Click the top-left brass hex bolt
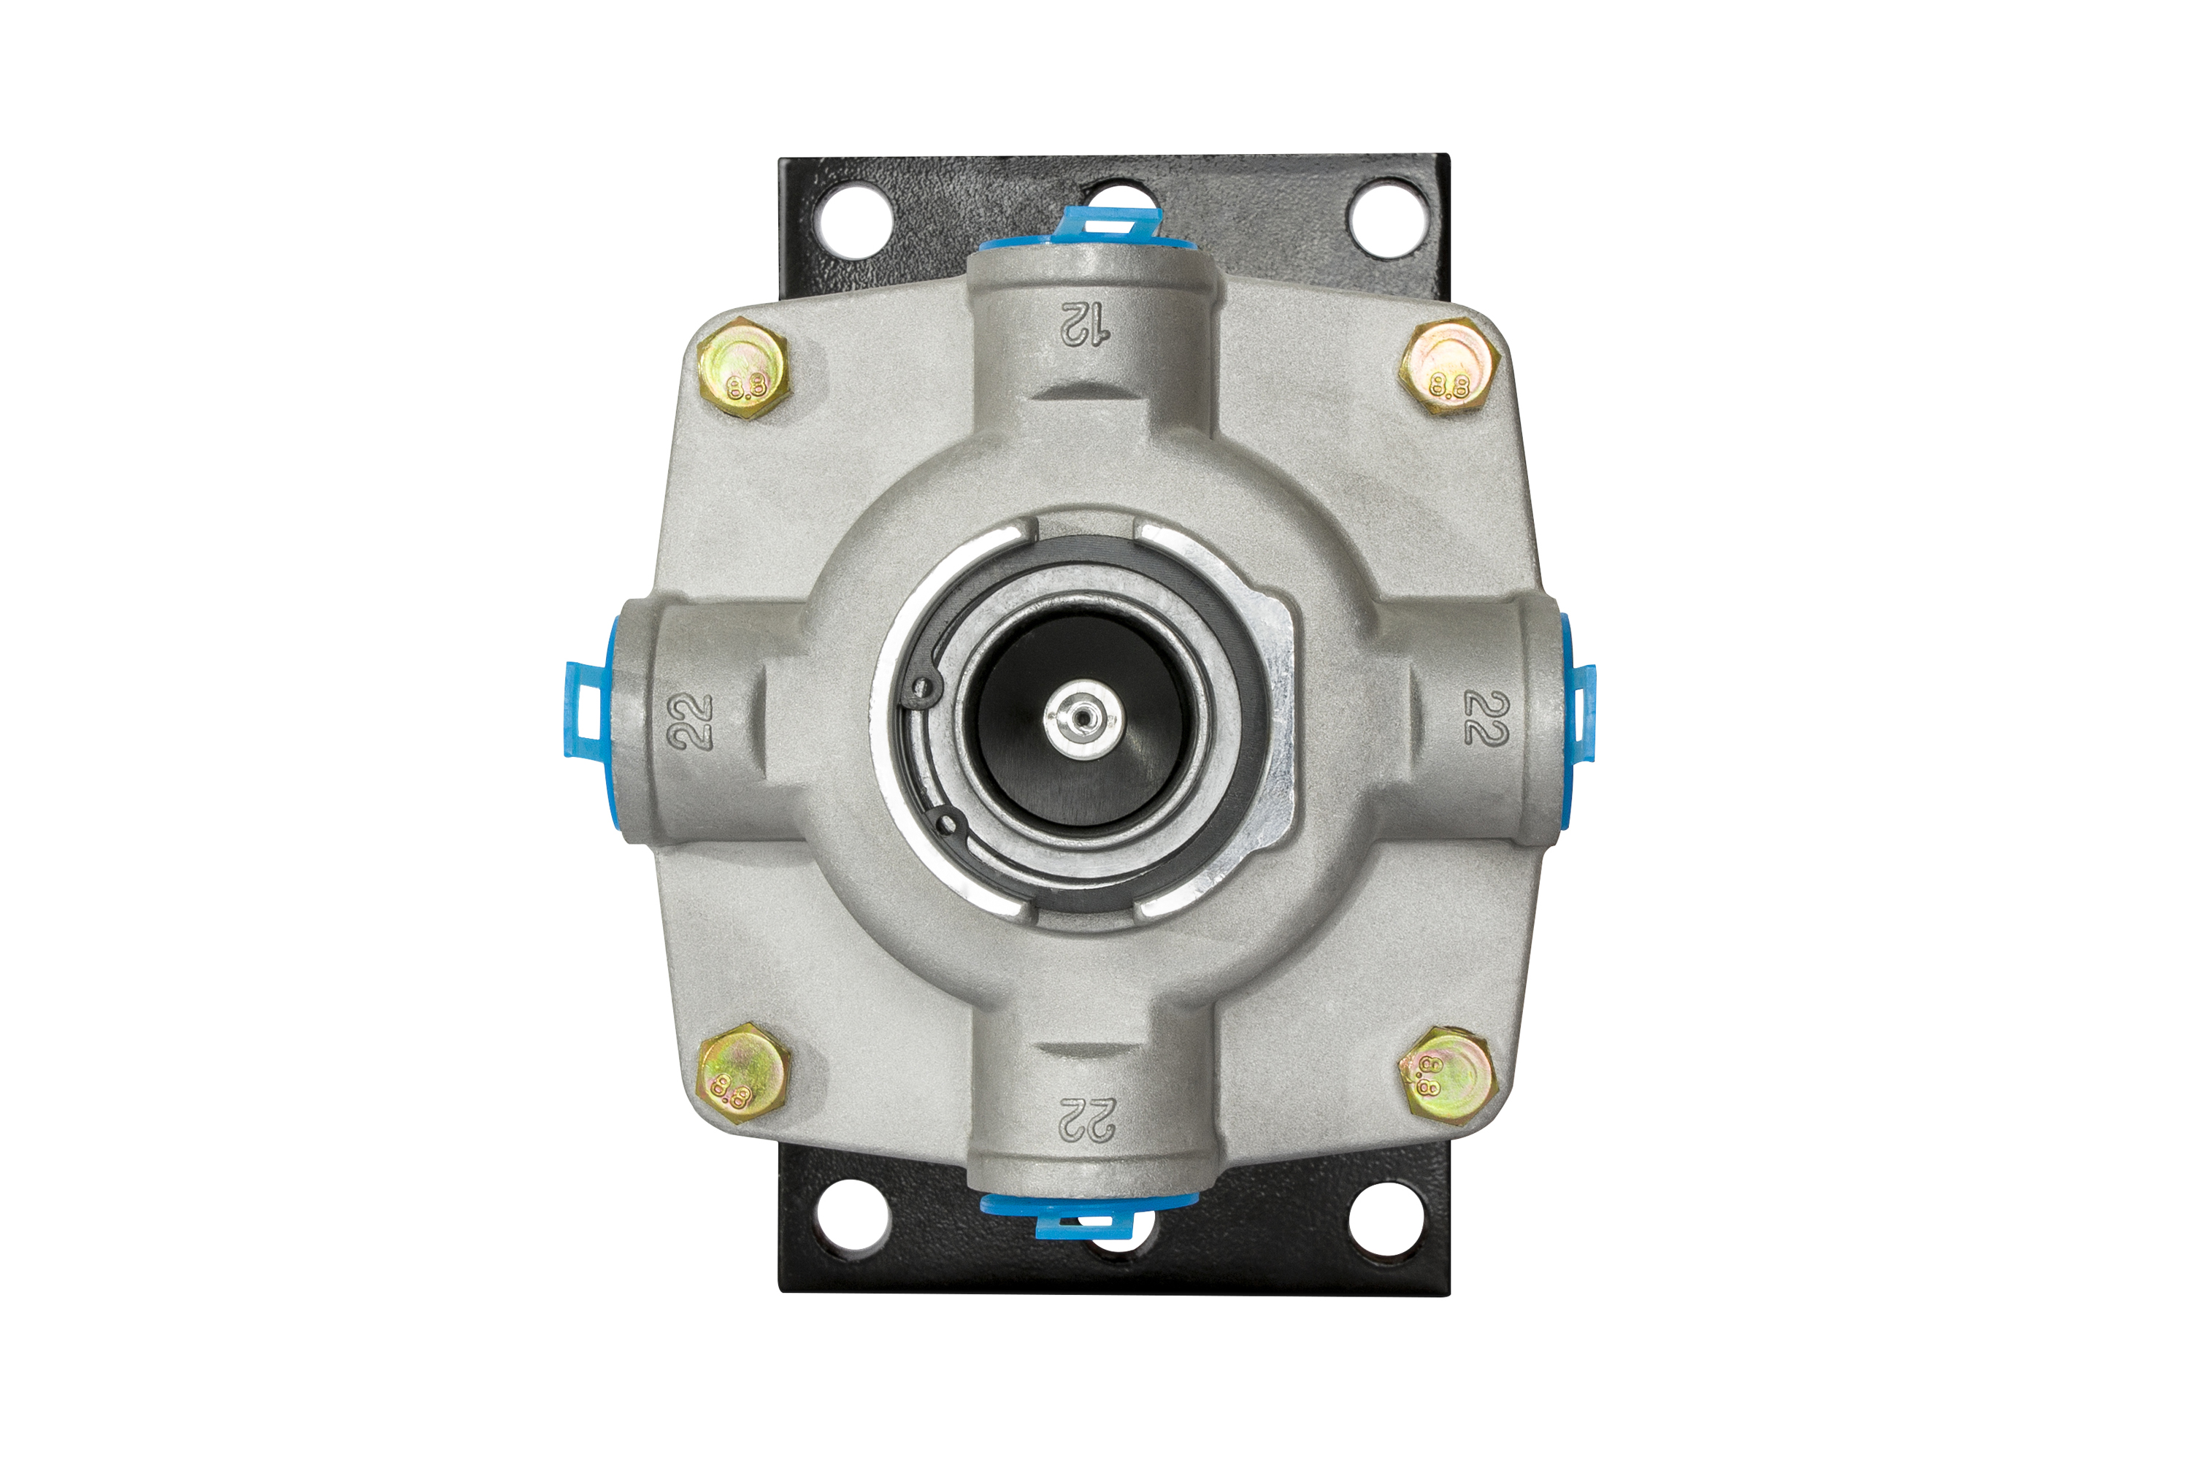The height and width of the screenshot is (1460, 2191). [x=743, y=368]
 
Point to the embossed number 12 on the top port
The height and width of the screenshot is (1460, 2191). [x=1085, y=324]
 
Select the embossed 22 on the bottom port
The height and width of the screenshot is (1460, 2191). [x=1086, y=1118]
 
